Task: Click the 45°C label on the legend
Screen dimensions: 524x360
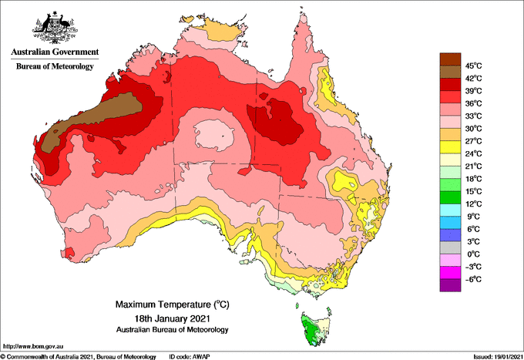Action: (474, 66)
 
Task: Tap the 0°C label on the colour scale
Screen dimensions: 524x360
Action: (474, 254)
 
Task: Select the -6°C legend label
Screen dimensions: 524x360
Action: (473, 279)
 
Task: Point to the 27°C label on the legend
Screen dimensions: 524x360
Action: (474, 141)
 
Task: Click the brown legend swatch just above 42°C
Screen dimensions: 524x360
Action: (450, 72)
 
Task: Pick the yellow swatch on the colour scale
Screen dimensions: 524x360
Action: (450, 147)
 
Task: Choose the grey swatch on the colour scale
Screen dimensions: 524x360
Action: (450, 248)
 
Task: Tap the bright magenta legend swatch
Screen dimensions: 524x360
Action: (450, 273)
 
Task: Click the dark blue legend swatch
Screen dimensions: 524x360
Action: (450, 235)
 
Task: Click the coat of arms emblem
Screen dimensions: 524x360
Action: (55, 28)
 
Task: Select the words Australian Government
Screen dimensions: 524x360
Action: (55, 52)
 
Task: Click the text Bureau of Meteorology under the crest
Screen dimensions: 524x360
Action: (55, 66)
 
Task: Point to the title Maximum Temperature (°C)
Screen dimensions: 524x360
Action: (173, 304)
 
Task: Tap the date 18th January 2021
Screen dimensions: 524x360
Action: (173, 318)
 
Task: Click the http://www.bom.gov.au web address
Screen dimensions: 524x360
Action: (32, 347)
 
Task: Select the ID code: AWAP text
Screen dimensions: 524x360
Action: (190, 357)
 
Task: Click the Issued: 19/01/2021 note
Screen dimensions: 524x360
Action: (498, 357)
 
